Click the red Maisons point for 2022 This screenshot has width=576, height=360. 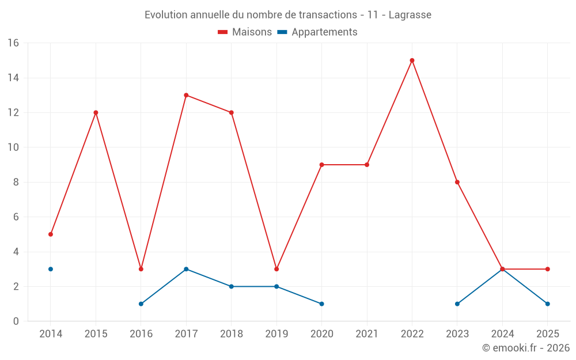[412, 60]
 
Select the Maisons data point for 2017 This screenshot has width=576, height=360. [186, 95]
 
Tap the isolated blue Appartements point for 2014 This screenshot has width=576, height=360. [51, 269]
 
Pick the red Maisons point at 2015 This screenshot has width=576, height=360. [96, 112]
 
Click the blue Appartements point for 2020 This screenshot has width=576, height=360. [321, 304]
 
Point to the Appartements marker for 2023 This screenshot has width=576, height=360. [457, 304]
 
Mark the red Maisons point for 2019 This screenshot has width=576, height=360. [276, 269]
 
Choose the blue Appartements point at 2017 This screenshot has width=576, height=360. [186, 269]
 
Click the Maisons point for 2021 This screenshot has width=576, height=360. [367, 165]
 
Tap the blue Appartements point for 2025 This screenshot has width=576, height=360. [548, 304]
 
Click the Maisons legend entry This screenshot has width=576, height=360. [245, 32]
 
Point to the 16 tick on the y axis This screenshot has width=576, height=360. [13, 43]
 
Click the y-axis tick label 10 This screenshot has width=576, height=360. [13, 147]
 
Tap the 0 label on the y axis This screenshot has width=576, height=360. [16, 321]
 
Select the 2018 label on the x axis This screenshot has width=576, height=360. [231, 334]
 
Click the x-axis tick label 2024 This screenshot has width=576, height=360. [502, 334]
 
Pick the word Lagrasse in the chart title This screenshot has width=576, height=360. [410, 15]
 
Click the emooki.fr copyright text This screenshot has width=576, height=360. [526, 348]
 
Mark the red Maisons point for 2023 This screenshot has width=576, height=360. [457, 182]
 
